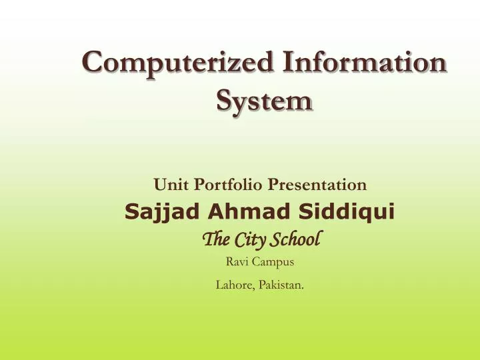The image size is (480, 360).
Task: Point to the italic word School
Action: [x=297, y=238]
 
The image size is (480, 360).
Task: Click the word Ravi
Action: [x=238, y=261]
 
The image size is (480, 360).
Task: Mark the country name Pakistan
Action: [x=282, y=285]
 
